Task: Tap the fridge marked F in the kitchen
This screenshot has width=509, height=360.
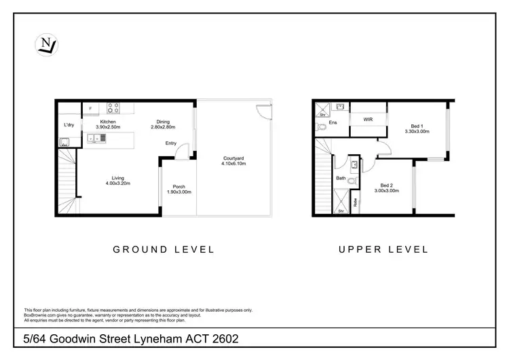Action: click(x=90, y=109)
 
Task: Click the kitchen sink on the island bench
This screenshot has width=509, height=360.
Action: click(x=95, y=139)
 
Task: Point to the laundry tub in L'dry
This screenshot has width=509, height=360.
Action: click(x=65, y=142)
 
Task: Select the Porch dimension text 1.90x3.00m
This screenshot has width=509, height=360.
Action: click(x=179, y=192)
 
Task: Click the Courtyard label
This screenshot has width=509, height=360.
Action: click(x=233, y=158)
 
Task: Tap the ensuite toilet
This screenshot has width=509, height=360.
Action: click(x=324, y=127)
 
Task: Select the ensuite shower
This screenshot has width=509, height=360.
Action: click(x=322, y=108)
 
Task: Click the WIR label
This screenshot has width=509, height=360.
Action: click(x=368, y=119)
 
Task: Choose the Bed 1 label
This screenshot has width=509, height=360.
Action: click(x=417, y=126)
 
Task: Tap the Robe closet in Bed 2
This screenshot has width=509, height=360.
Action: click(x=355, y=202)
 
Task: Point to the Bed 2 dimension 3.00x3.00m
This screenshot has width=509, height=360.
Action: click(x=385, y=191)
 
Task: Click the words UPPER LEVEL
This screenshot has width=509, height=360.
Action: click(x=384, y=249)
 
